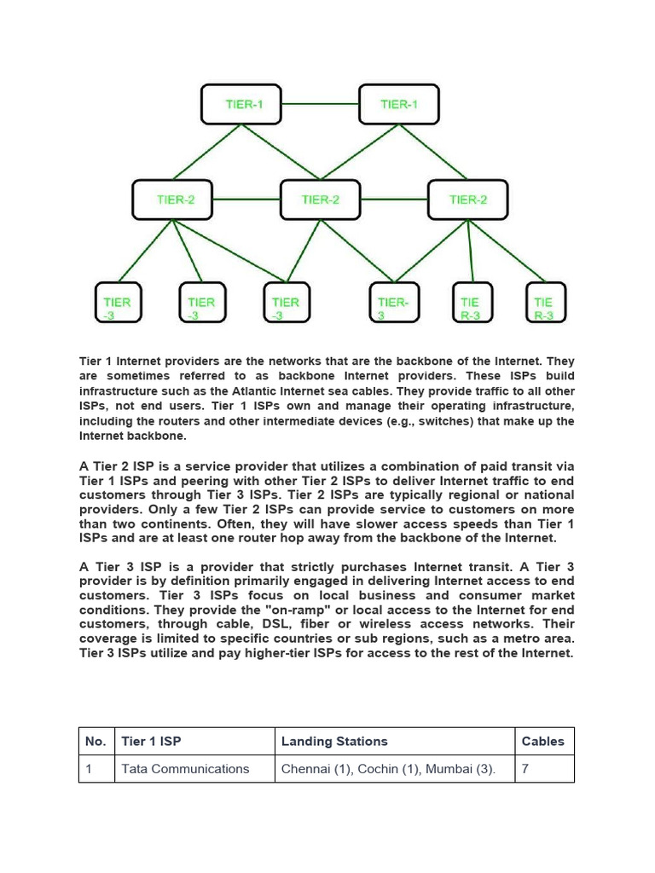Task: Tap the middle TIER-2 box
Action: click(x=320, y=199)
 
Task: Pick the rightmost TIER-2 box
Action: click(x=467, y=199)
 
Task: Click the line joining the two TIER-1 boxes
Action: click(x=319, y=104)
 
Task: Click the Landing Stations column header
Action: click(x=334, y=742)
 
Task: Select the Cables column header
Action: click(x=542, y=742)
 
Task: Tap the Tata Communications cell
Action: click(x=185, y=769)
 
